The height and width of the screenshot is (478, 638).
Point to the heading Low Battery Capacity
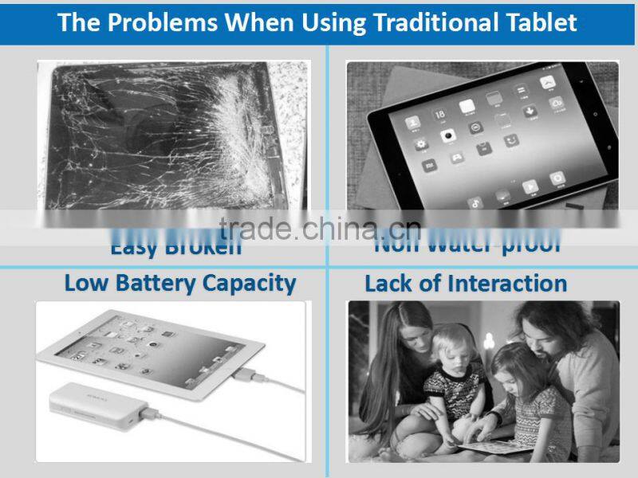click(179, 283)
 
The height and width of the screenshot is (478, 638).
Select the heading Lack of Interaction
click(466, 284)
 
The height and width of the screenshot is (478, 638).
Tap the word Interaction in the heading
click(507, 284)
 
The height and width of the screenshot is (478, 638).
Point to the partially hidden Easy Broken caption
click(176, 246)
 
